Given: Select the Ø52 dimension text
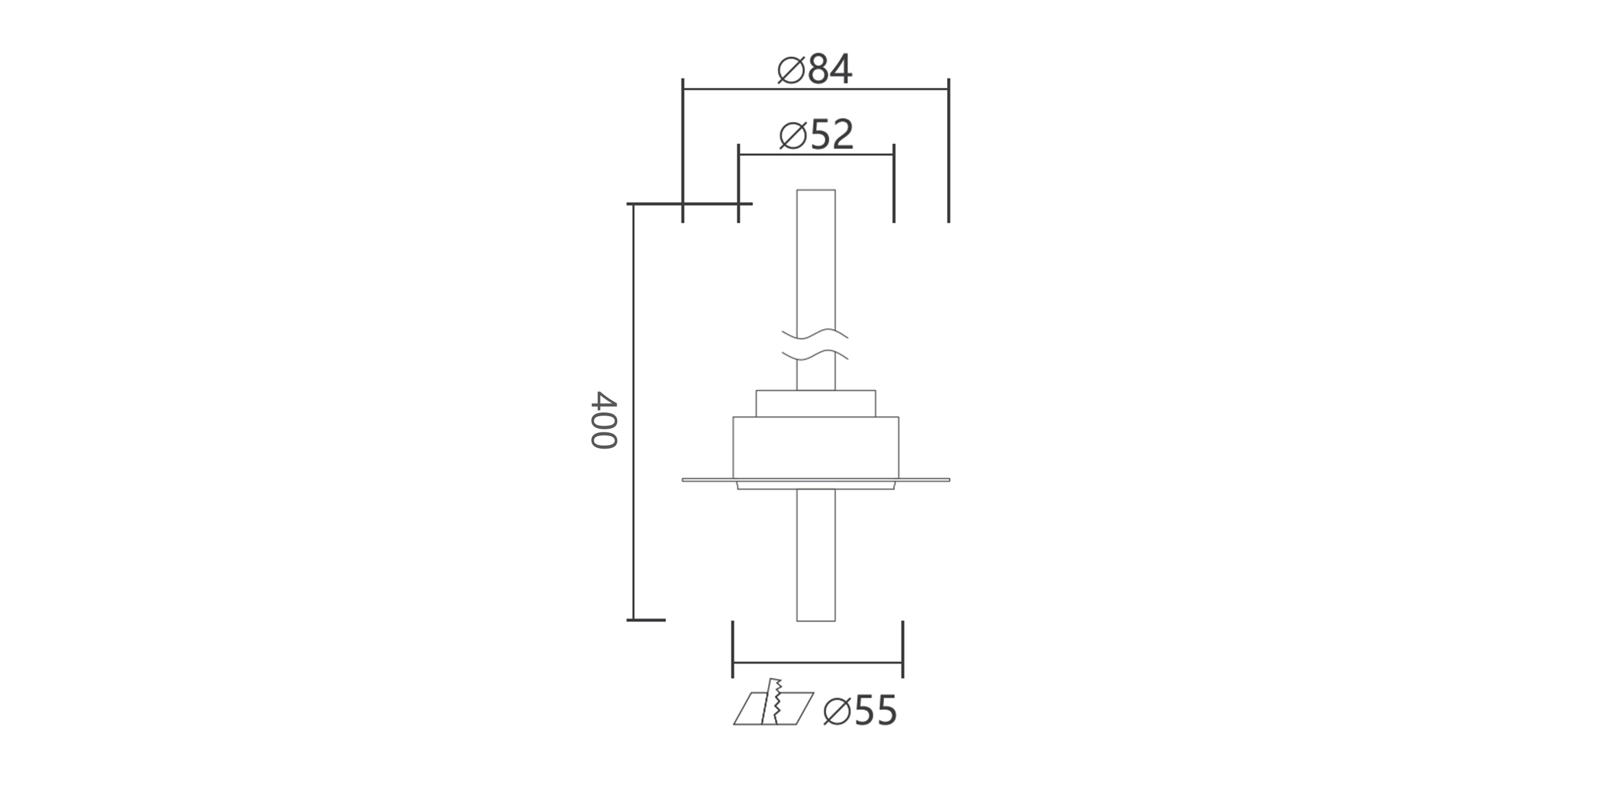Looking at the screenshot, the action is coord(816,135).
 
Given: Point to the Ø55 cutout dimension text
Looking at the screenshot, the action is coord(860,712).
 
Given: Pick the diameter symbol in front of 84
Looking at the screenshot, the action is coord(792,70).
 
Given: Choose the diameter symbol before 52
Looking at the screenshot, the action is coord(793,135).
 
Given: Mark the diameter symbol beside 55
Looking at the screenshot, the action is coord(837,712).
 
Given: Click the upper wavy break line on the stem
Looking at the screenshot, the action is coord(815,333).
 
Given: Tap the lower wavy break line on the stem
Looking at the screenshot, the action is coord(815,355).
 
